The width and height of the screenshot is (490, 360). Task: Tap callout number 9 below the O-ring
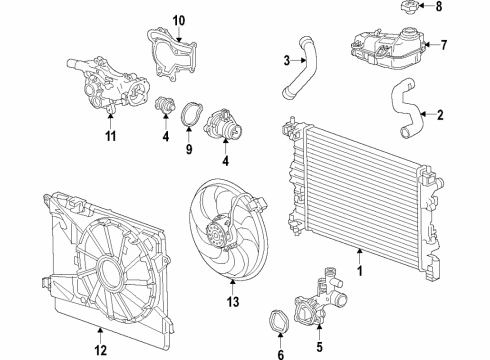tap(188, 149)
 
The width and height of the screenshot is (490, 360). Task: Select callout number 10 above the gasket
tap(180, 20)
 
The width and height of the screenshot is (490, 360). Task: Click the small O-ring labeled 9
tap(187, 120)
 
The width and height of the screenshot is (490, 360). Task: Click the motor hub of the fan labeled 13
tap(216, 237)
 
